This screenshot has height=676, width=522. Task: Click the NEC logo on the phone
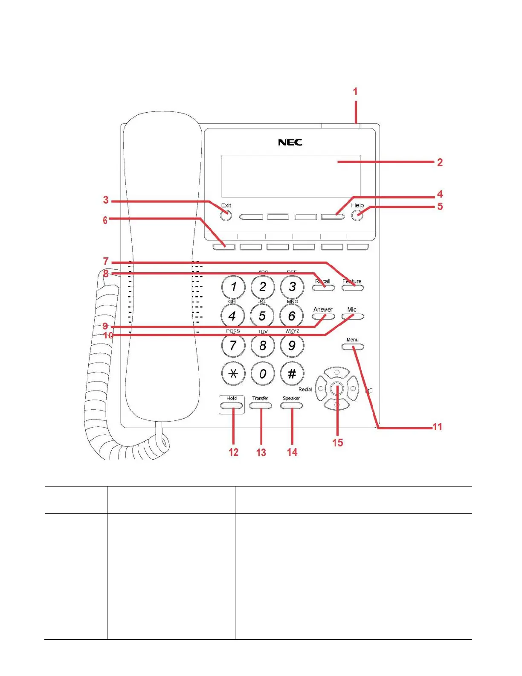click(290, 142)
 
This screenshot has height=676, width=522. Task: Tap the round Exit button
click(226, 216)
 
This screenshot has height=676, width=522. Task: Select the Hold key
click(232, 405)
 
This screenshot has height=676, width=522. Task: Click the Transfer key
click(261, 405)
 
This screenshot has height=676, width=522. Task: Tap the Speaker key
click(291, 405)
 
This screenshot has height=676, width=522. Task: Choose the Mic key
click(353, 317)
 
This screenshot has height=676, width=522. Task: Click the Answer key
click(323, 317)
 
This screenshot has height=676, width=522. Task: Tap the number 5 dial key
click(262, 316)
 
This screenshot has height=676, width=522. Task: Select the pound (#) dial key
click(292, 374)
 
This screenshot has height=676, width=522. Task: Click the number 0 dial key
click(263, 374)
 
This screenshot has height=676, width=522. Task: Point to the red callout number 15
click(337, 443)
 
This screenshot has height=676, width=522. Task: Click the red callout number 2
click(440, 162)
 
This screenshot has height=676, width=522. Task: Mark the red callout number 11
click(438, 427)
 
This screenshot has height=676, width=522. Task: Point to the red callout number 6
click(105, 220)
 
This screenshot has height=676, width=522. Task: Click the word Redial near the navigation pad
click(305, 389)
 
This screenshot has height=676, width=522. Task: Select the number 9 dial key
click(292, 345)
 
